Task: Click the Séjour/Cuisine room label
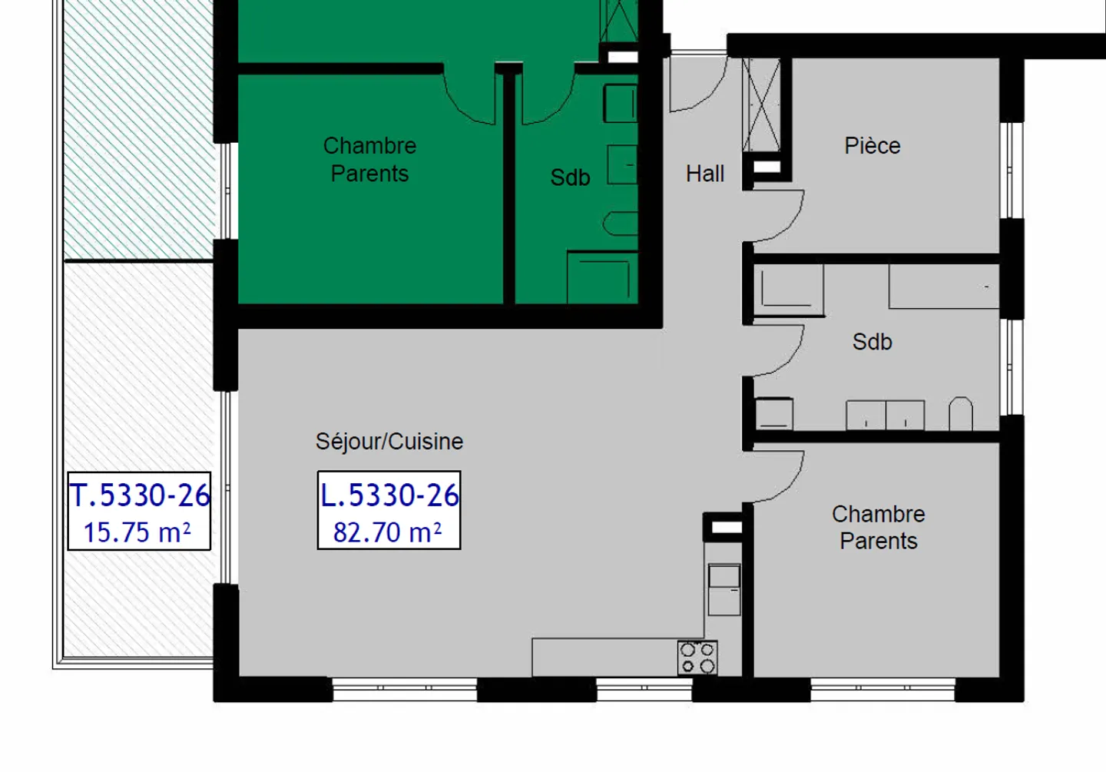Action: coord(389,442)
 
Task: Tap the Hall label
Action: coord(704,174)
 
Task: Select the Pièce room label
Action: coord(872,145)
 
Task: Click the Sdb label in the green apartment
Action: coord(570,177)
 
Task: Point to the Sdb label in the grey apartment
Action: coord(872,342)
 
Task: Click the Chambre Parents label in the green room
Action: coord(369,159)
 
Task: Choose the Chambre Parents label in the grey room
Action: coord(878,527)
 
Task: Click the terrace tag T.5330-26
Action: coord(139,495)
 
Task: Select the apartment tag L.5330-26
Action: coord(389,495)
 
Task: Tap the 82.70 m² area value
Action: coord(388,532)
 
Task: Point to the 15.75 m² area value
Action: coord(137,532)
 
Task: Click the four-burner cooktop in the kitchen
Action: coord(697,658)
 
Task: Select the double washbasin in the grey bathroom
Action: coord(885,416)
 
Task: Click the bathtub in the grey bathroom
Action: coord(944,287)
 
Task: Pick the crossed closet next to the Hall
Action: coord(761,104)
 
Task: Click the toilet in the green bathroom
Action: coord(621,224)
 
